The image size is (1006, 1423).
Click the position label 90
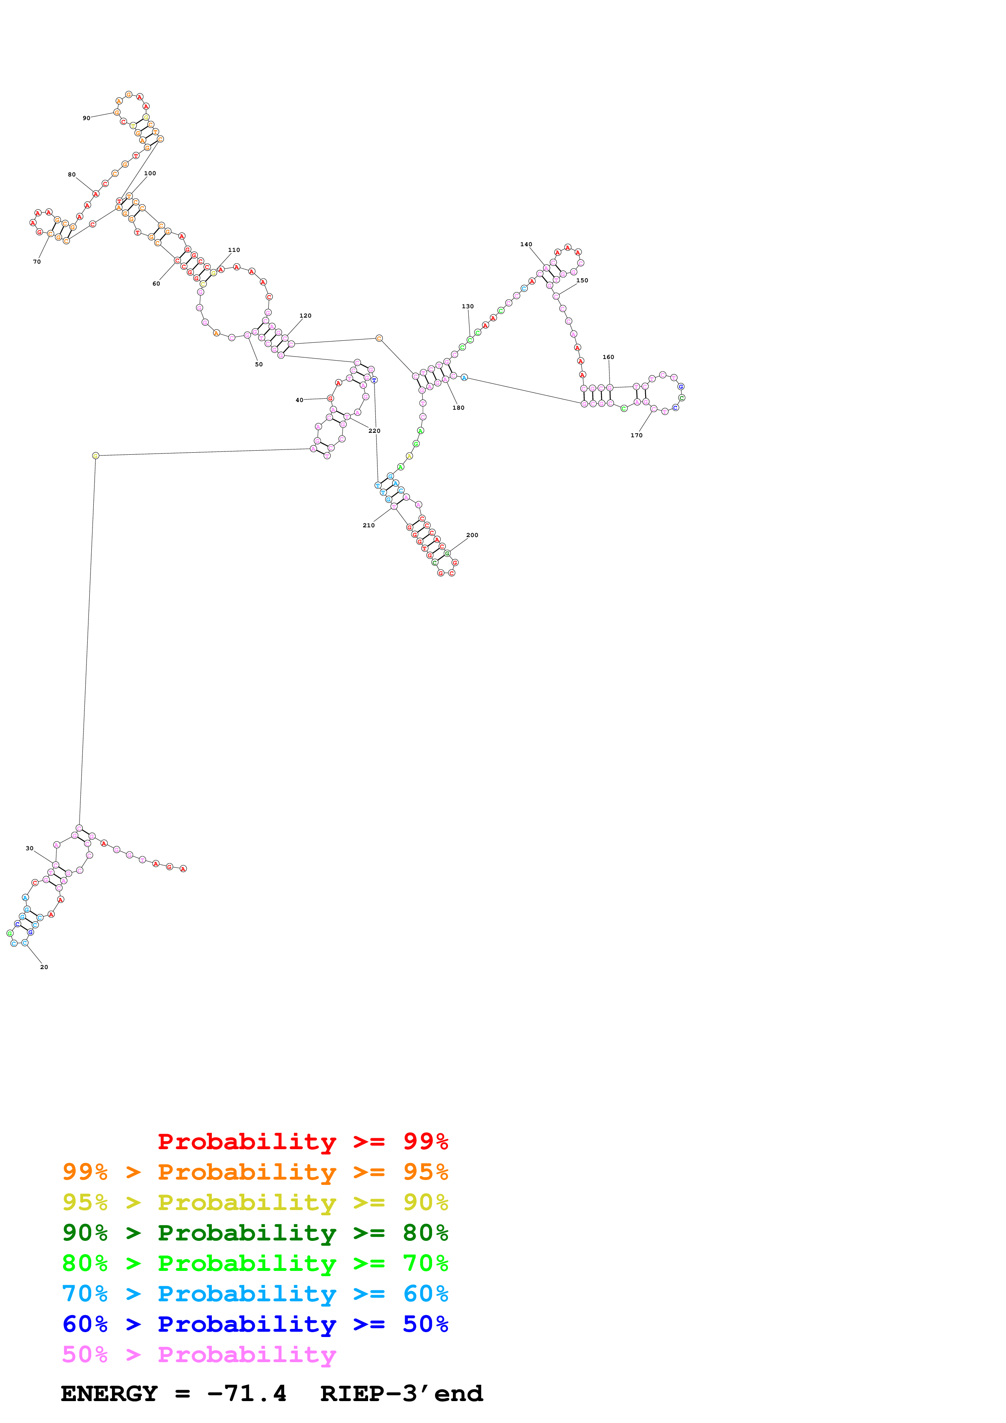click(86, 118)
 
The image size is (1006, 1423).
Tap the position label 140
click(526, 244)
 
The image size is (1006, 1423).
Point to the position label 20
click(44, 967)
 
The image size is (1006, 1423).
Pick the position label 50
click(259, 364)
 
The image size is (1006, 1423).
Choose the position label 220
click(375, 431)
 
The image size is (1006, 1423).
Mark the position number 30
click(30, 849)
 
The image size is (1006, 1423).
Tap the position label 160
click(608, 357)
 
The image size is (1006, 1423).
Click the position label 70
click(37, 262)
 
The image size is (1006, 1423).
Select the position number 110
click(234, 250)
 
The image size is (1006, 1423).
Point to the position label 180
click(458, 408)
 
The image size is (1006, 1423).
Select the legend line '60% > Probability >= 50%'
click(255, 1324)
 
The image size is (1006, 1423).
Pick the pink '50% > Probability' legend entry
click(199, 1355)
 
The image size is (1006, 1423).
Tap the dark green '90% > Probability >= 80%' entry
click(255, 1233)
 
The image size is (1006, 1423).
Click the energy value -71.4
click(247, 1393)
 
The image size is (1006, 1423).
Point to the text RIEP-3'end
click(401, 1393)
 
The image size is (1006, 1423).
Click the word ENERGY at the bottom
click(109, 1393)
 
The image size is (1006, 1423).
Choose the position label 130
click(467, 306)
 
